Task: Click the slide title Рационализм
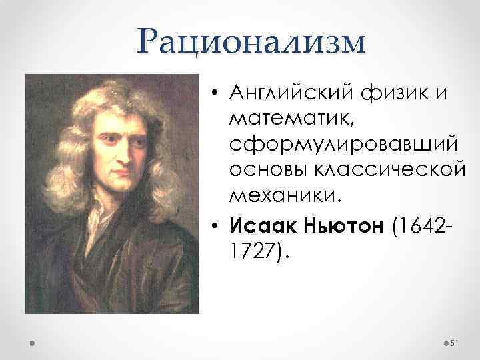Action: [x=251, y=42]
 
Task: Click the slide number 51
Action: [x=455, y=343]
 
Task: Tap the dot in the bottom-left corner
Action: [x=33, y=343]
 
